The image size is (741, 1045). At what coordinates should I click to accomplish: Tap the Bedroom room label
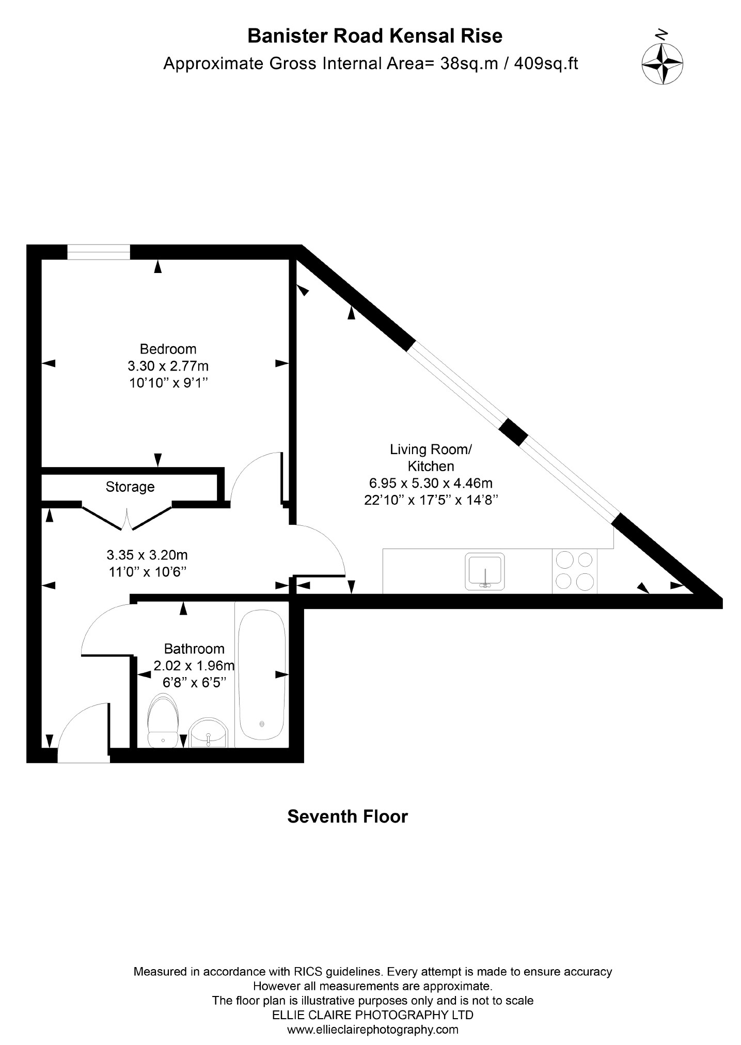pos(168,349)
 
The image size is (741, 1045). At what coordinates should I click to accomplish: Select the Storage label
pos(130,487)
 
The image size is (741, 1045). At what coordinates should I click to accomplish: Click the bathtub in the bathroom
pos(262,674)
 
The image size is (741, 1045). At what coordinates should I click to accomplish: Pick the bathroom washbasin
pos(209,733)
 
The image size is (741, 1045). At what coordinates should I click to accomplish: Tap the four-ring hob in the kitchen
pos(575,571)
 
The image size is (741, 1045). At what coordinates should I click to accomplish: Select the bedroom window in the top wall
pos(99,252)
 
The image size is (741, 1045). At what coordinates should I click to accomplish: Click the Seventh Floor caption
pos(348,816)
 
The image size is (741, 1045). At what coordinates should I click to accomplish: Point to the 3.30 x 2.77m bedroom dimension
pos(168,366)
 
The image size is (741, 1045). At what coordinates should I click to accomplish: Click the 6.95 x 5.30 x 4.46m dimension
pos(431,484)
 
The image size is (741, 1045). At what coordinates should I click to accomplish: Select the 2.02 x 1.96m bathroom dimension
pos(194,666)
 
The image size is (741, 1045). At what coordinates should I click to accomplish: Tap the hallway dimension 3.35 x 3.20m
pos(147,555)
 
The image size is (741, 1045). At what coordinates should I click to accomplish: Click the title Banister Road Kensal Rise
pos(375,36)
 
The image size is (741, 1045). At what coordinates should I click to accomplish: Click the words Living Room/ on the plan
pos(431,449)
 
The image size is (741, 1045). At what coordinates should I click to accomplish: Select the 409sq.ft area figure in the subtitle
pos(546,64)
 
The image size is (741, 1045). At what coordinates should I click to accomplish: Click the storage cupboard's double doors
pos(127,518)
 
